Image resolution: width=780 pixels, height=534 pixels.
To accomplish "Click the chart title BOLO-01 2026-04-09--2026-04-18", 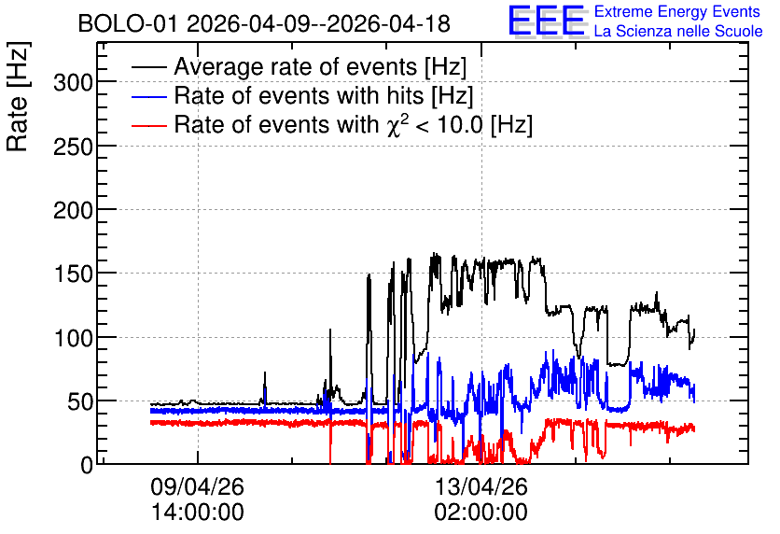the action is click(264, 23).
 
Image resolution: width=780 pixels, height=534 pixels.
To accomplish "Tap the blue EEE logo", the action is click(547, 21).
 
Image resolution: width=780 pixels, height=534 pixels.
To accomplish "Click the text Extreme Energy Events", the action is click(677, 11).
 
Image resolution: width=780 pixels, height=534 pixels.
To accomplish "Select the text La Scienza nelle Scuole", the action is click(678, 31).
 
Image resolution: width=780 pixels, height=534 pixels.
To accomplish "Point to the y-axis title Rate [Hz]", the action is click(18, 96).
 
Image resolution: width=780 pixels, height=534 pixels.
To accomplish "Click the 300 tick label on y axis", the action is click(73, 82).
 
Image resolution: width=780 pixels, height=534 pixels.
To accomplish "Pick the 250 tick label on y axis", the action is click(73, 147).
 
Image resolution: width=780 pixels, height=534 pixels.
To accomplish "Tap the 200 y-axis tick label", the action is click(73, 210).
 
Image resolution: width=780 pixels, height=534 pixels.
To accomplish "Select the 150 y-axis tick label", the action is click(73, 274).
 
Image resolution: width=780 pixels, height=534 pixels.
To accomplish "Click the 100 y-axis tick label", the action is click(73, 338).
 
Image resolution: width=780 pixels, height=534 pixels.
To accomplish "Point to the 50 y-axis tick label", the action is click(80, 401).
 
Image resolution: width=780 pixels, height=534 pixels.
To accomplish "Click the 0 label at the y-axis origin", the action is click(87, 465).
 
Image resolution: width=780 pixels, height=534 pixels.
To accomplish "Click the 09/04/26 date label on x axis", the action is click(198, 486).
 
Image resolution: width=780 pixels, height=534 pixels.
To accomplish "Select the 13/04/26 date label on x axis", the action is click(481, 486).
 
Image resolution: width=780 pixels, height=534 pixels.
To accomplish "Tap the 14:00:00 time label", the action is click(198, 512).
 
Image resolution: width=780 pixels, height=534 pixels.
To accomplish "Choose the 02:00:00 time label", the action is click(481, 512).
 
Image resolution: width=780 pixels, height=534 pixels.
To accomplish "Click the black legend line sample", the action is click(149, 66).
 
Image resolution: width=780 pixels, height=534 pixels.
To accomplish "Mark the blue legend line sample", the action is click(149, 96).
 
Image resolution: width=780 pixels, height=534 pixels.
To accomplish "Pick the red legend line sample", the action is click(149, 125).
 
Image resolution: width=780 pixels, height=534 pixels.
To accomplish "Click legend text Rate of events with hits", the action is click(299, 95).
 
